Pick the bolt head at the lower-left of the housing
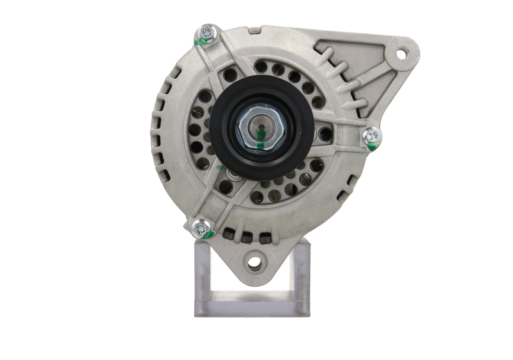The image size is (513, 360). (x=200, y=227)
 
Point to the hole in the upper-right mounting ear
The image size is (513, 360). (x=401, y=54)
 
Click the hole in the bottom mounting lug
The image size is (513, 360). (x=255, y=261)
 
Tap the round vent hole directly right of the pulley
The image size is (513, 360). (x=325, y=134)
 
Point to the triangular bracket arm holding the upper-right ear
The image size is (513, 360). (x=359, y=71)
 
